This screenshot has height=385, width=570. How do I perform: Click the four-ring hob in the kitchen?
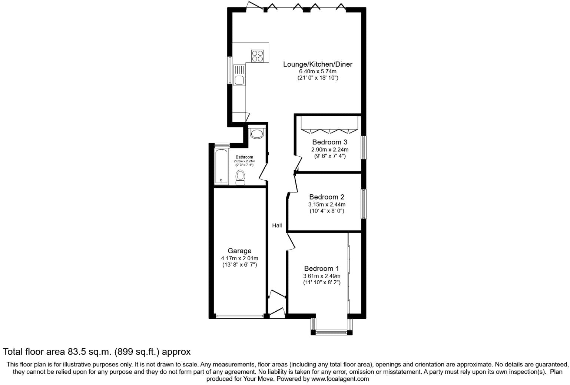point(258,56)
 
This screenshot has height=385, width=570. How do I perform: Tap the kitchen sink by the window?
point(239,74)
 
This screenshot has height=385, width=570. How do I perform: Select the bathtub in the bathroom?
point(221,167)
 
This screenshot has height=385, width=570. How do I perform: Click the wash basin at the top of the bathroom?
point(256,133)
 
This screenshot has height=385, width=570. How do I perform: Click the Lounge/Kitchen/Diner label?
point(318,64)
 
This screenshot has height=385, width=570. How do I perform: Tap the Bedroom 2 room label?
point(327,197)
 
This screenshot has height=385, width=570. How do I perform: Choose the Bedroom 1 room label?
point(321,268)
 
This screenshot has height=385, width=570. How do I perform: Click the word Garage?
point(239,251)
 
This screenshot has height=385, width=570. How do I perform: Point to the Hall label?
point(277,225)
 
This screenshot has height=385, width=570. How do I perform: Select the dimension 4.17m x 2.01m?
point(239,258)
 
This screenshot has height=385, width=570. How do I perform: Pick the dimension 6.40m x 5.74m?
point(318,71)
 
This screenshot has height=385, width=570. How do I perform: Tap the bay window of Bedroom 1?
point(332,332)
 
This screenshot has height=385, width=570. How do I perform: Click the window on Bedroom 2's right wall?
point(364,204)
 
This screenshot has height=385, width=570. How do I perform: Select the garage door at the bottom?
point(239,316)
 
